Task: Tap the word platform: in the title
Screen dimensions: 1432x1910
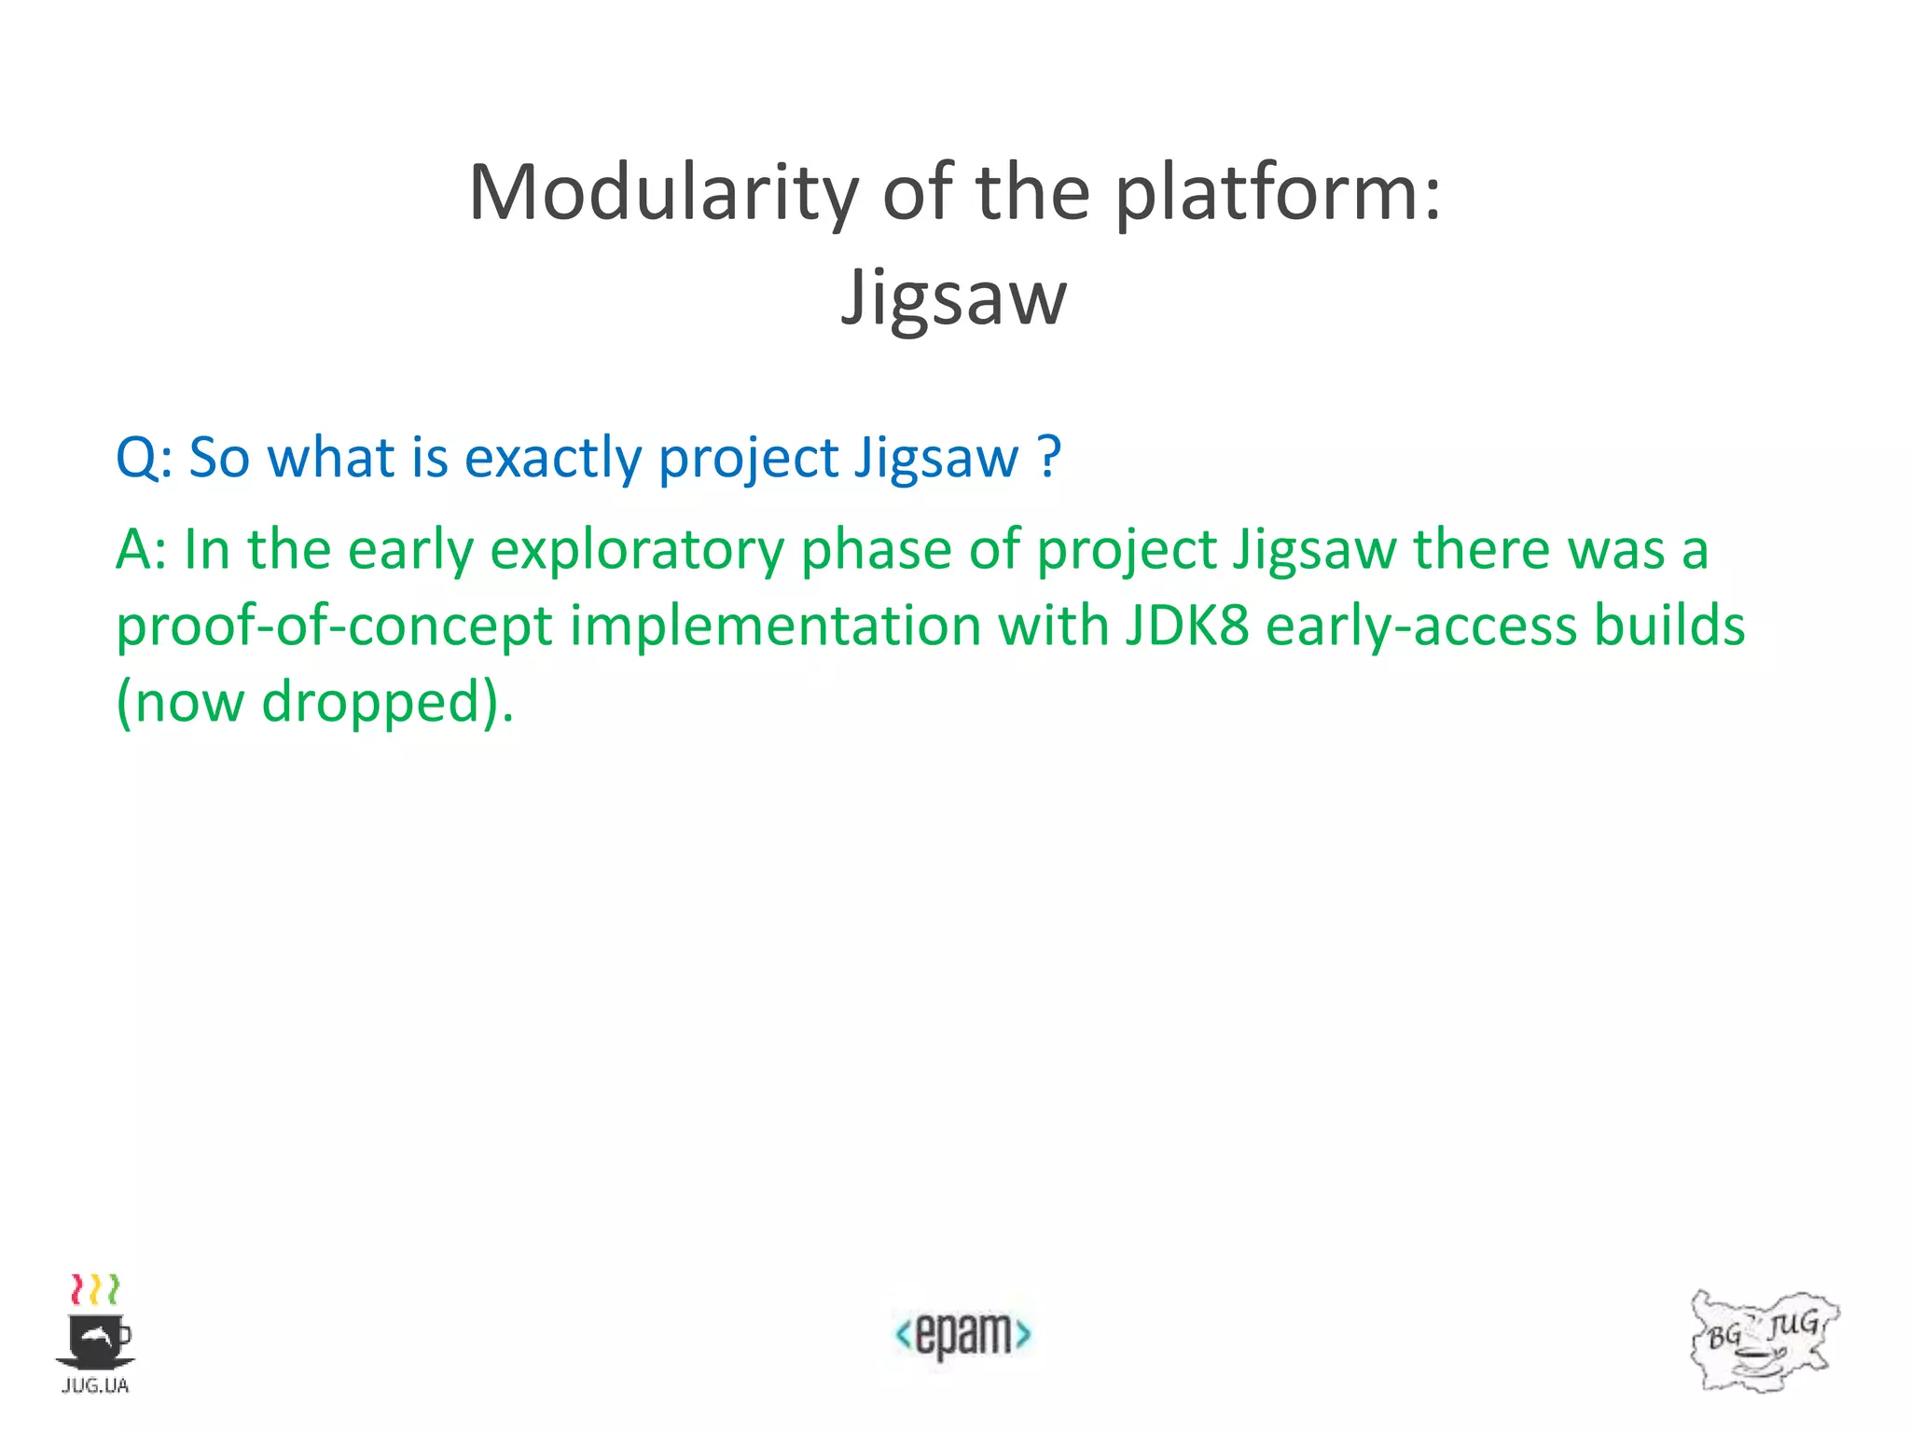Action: tap(1279, 193)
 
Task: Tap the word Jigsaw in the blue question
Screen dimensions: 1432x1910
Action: tap(936, 459)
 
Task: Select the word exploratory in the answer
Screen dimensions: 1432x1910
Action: tap(637, 549)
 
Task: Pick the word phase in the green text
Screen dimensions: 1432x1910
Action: tap(876, 549)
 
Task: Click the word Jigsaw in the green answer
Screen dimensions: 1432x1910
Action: tap(1315, 549)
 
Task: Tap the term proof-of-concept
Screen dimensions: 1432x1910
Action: tap(335, 626)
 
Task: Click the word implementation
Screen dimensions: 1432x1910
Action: tap(775, 626)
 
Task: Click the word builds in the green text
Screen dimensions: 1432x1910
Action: tap(1669, 626)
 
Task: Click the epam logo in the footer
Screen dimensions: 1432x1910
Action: tap(962, 1334)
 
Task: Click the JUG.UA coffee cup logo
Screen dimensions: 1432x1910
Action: tap(95, 1333)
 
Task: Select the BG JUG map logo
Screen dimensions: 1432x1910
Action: tap(1762, 1341)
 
